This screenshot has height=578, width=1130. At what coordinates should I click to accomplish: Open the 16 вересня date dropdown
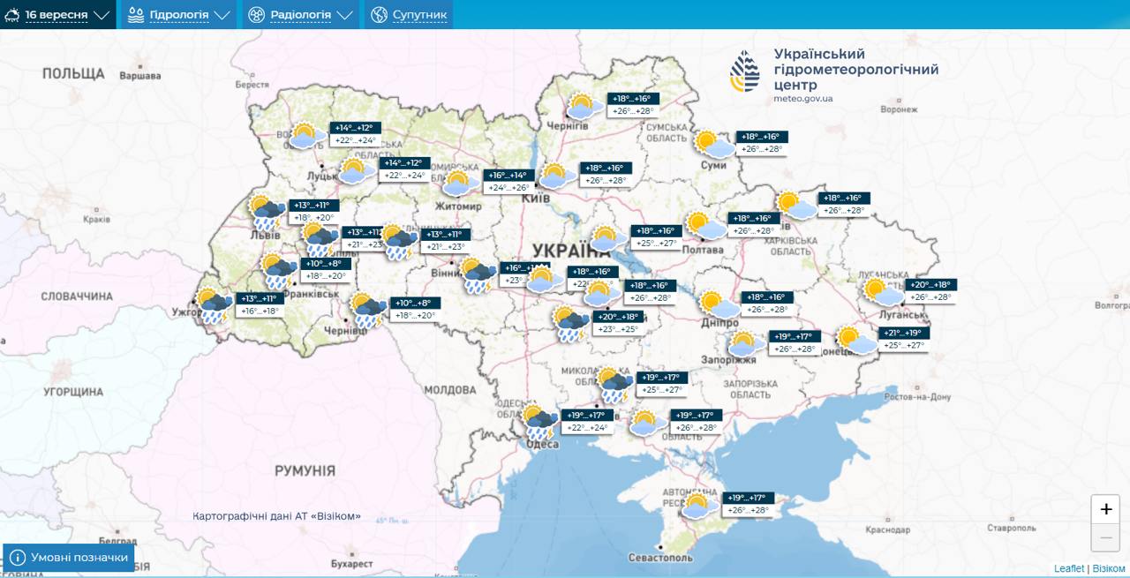[58, 15]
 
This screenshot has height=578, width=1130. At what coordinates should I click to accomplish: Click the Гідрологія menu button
[179, 15]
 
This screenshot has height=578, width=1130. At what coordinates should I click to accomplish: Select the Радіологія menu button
[300, 15]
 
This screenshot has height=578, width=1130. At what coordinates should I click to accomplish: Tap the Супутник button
[409, 15]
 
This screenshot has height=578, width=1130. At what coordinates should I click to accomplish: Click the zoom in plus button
[1105, 509]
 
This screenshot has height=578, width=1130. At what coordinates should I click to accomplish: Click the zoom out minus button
[1105, 537]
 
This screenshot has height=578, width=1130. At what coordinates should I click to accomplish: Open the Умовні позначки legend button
[69, 558]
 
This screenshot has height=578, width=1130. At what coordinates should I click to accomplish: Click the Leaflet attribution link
[1068, 569]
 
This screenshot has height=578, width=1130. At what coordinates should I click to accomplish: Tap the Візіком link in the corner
[1109, 569]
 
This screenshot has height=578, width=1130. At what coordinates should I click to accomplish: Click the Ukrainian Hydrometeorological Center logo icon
[744, 71]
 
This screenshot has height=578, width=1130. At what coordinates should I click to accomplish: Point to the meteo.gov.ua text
[802, 99]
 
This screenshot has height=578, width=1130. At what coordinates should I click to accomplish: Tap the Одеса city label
[542, 445]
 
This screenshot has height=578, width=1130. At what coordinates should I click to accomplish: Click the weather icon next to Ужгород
[215, 304]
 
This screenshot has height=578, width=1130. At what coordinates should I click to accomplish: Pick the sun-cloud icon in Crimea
[697, 506]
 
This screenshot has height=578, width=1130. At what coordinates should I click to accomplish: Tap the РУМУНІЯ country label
[305, 471]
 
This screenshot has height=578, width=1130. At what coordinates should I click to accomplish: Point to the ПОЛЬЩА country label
[73, 73]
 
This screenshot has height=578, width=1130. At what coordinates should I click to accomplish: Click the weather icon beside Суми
[714, 144]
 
